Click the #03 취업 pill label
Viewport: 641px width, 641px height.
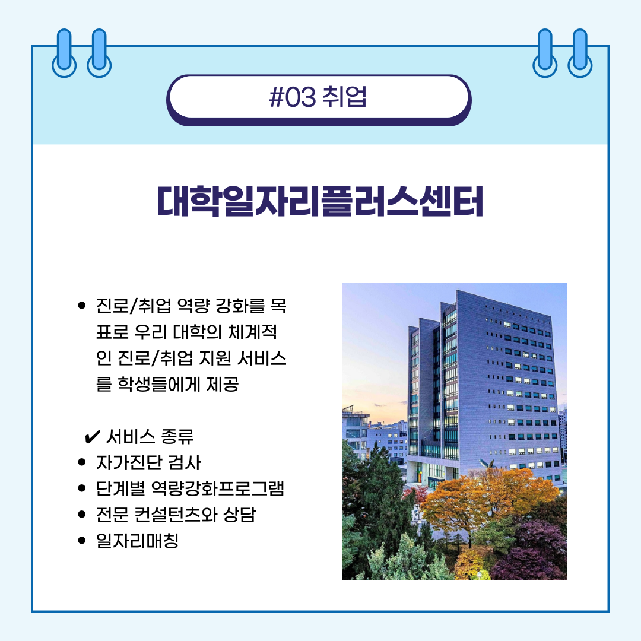point(319,98)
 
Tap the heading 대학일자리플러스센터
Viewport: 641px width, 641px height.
point(320,201)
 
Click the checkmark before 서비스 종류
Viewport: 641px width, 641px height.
point(92,437)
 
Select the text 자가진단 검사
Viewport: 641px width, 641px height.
point(148,462)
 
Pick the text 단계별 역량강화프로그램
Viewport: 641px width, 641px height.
point(190,488)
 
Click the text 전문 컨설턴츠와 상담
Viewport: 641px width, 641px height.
point(176,514)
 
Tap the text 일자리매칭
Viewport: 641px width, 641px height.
point(137,541)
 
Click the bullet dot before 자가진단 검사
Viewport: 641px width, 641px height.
point(82,462)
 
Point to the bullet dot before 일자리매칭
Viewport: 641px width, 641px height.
point(82,541)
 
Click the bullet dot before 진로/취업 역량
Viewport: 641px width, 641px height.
point(82,306)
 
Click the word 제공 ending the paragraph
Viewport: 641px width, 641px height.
point(223,384)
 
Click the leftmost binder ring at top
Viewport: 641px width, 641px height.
point(64,53)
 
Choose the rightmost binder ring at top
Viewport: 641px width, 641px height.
point(580,53)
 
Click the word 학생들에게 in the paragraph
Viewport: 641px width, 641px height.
point(159,384)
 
